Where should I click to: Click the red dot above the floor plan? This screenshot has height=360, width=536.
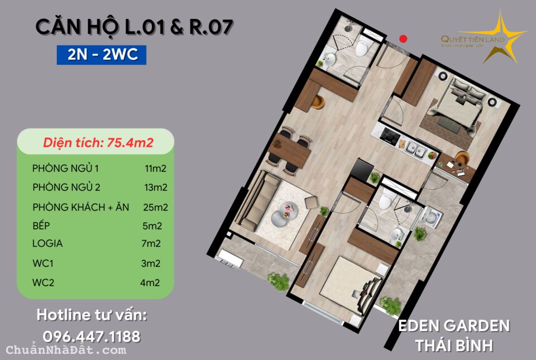coord(404,39)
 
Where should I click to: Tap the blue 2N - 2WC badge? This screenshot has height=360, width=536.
coord(101,55)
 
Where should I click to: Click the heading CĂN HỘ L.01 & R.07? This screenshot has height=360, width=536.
coord(134,27)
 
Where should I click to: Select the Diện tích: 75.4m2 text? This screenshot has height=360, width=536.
coord(98,143)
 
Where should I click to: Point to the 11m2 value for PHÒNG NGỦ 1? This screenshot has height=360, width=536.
coord(156,168)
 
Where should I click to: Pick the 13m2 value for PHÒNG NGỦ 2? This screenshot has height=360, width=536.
coord(155,187)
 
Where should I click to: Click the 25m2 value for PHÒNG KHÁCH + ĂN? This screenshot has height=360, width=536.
coord(156,207)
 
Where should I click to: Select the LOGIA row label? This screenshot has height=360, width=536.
coord(47,243)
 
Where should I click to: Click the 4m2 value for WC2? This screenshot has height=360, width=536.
coord(150,282)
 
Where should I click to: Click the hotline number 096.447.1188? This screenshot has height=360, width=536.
coord(92,337)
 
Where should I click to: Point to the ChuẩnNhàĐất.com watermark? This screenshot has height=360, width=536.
coord(66,351)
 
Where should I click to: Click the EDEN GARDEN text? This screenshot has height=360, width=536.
coord(453,325)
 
